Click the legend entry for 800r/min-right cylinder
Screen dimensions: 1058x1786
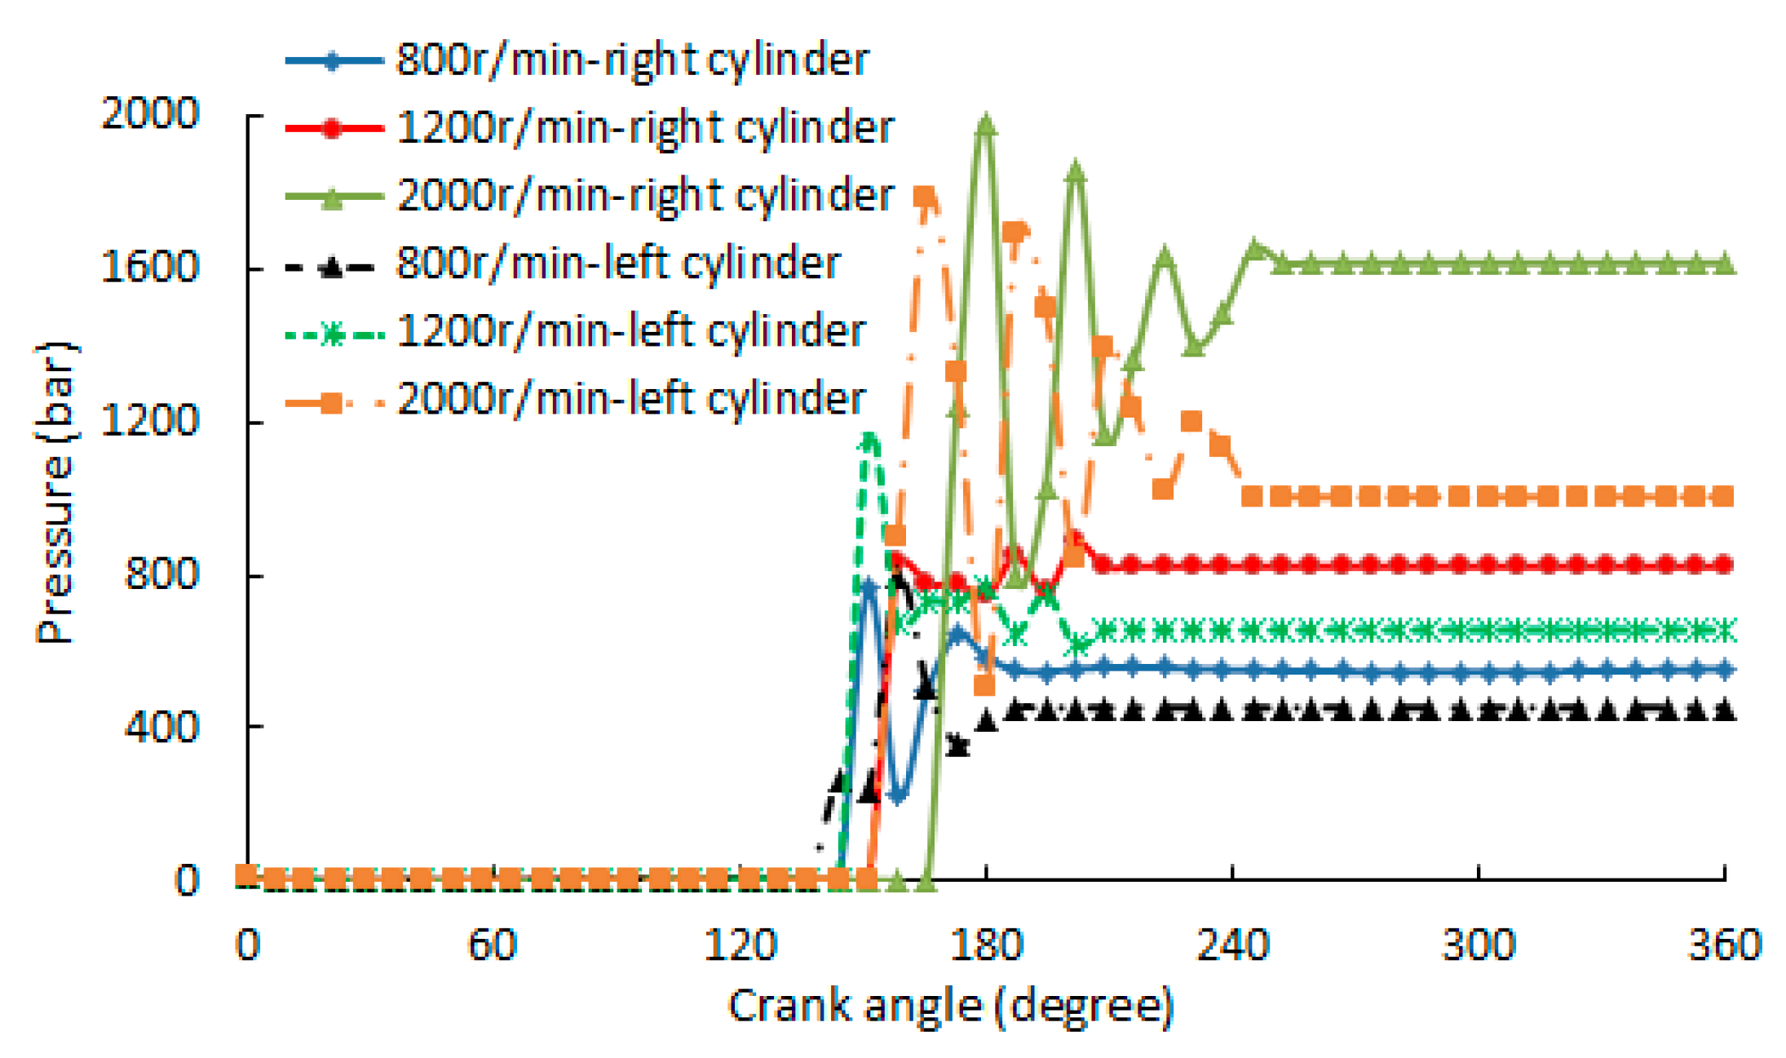coord(632,60)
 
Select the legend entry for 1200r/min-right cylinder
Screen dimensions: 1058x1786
coord(645,128)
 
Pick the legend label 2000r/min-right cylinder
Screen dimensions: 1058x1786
coord(645,196)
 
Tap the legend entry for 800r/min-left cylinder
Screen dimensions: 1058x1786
coord(618,263)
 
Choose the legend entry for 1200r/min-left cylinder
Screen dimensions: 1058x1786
coord(630,331)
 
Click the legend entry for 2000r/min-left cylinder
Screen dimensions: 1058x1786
coord(630,399)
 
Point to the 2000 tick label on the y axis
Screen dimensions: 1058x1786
coord(150,113)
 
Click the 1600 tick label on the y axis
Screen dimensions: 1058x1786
coord(150,267)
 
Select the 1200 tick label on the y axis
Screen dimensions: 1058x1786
coord(150,421)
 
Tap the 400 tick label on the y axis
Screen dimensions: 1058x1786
coord(161,726)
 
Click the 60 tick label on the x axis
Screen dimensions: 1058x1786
coord(492,945)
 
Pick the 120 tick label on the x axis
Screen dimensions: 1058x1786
coord(740,945)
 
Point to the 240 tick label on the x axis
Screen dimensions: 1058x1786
coord(1232,945)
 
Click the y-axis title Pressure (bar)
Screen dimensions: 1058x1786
coord(55,494)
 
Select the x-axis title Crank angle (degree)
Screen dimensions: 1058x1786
coord(950,1006)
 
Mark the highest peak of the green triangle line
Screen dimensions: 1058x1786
coord(986,125)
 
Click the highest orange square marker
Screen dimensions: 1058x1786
coord(924,197)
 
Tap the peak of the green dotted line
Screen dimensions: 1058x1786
coord(869,438)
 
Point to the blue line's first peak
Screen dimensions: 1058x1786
coord(868,584)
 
